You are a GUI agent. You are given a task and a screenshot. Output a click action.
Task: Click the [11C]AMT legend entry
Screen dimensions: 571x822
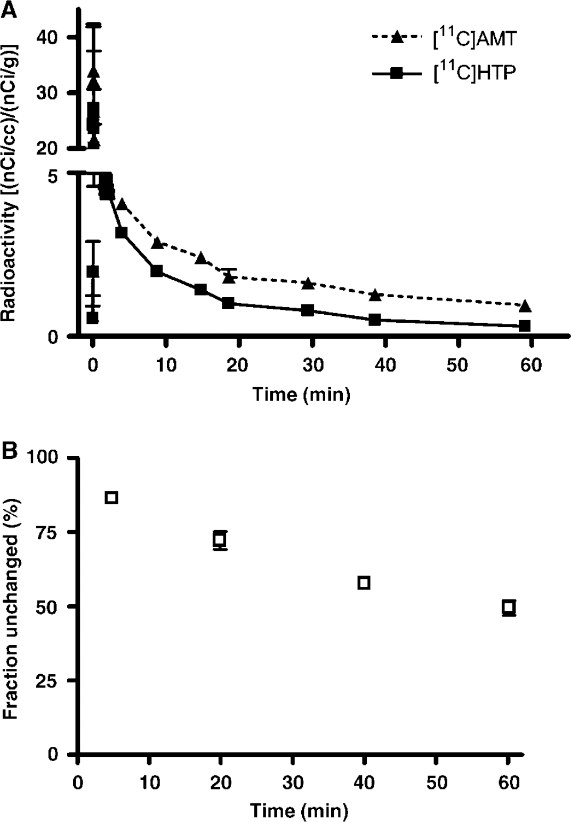(x=445, y=38)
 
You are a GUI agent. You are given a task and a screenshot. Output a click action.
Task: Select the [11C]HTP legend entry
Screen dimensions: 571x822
(x=444, y=74)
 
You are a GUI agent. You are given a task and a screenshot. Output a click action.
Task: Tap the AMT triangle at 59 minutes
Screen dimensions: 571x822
(x=525, y=306)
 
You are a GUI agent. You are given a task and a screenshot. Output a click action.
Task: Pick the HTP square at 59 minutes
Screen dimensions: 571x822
(x=525, y=325)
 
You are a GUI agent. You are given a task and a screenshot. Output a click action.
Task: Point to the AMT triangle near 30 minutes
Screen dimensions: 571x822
(x=308, y=283)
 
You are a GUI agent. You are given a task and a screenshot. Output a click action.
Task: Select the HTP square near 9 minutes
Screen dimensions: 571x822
(x=156, y=271)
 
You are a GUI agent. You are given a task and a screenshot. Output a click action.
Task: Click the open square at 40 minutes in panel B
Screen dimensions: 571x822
(x=364, y=582)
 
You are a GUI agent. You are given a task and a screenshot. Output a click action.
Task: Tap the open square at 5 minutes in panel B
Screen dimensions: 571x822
(x=111, y=498)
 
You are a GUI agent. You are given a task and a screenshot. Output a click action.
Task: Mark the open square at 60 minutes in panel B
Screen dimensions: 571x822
(x=508, y=607)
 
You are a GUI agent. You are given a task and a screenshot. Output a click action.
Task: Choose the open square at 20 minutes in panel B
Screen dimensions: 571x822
(x=220, y=539)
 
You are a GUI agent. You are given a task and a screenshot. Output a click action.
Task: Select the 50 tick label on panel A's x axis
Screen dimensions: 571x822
(x=458, y=365)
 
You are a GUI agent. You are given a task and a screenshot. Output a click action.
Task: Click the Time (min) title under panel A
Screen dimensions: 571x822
(x=301, y=395)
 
